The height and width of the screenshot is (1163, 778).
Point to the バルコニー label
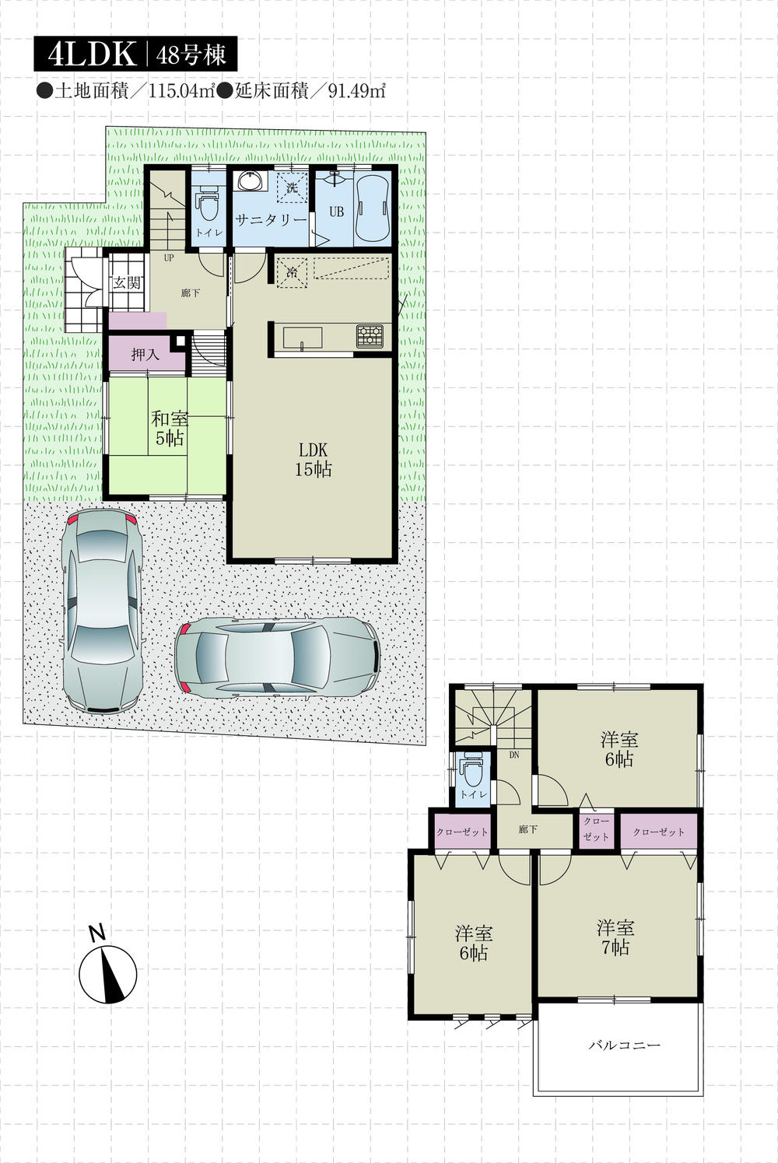pos(623,1045)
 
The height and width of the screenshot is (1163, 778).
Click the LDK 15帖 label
pos(313,459)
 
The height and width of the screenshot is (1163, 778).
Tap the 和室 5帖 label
pos(170,428)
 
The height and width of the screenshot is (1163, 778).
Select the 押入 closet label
pos(145,355)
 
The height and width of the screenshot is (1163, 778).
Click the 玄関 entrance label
pos(126,282)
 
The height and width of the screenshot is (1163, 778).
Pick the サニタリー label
pos(271,220)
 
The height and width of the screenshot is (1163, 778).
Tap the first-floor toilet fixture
pos(207,205)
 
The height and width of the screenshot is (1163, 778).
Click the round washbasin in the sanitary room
pos(251,182)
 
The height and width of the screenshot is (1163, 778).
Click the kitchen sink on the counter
pos(303,338)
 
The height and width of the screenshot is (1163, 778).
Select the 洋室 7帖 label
pos(615,937)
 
